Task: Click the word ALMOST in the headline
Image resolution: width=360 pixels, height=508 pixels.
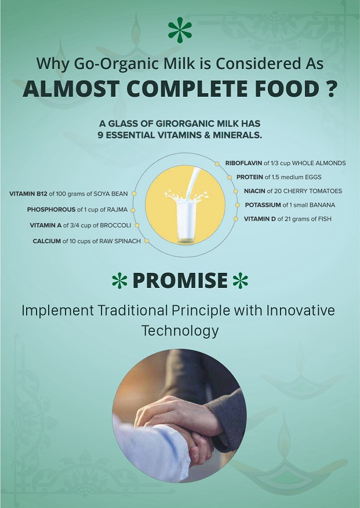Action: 71,89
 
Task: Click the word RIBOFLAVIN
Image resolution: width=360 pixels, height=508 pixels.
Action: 243,163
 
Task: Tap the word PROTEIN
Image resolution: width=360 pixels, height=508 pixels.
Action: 250,177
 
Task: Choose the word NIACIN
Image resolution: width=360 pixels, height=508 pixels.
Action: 254,191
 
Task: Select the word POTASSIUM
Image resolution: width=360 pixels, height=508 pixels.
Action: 263,205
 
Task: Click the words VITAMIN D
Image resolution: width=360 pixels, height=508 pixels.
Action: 260,219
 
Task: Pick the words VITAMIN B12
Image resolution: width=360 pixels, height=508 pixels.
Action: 28,194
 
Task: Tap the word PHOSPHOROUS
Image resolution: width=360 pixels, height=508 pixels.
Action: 51,210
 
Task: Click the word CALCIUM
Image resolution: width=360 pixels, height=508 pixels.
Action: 47,241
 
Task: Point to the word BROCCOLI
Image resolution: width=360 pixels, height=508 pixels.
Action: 115,225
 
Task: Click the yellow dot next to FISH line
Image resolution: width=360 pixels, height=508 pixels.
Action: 236,219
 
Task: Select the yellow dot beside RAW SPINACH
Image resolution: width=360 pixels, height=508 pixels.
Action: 147,241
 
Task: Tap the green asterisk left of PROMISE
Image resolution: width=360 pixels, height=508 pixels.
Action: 119,280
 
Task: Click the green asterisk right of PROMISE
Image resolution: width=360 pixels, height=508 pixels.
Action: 241,280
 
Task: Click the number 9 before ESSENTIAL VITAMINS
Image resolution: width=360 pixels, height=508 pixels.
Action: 100,136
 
